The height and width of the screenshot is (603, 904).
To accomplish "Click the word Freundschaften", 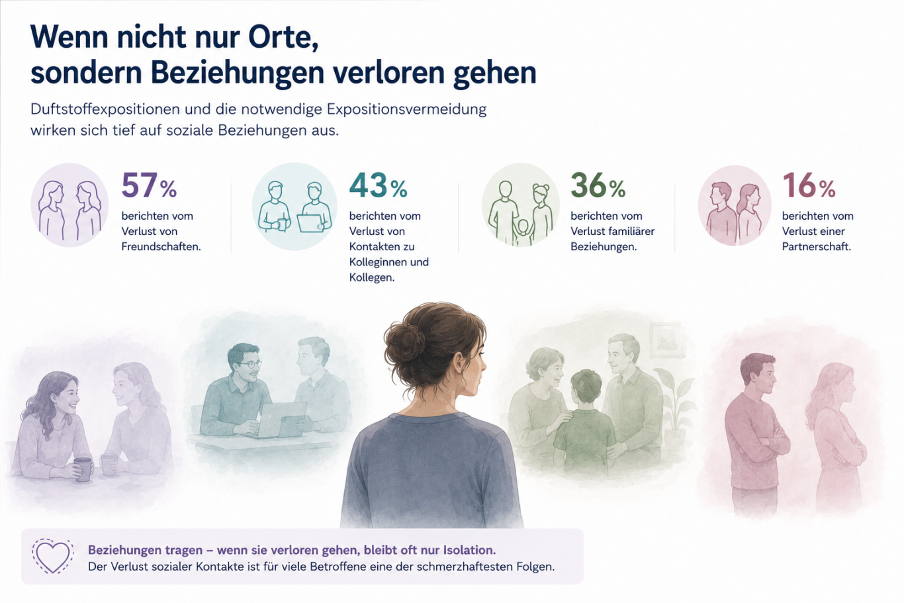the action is [161, 247].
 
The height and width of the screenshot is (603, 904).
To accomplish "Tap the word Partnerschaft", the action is [816, 247].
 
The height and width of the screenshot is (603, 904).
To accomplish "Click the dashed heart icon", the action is [52, 556].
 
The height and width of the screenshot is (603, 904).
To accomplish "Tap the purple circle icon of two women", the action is [69, 205].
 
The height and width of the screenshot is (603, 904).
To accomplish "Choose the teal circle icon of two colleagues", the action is [294, 207].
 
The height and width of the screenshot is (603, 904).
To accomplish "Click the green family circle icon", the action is [521, 205].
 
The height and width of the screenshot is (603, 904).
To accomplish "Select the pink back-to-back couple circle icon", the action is [735, 205].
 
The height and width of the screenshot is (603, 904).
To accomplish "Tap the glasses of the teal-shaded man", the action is [249, 365].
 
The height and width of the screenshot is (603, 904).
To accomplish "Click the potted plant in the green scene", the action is [674, 408].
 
